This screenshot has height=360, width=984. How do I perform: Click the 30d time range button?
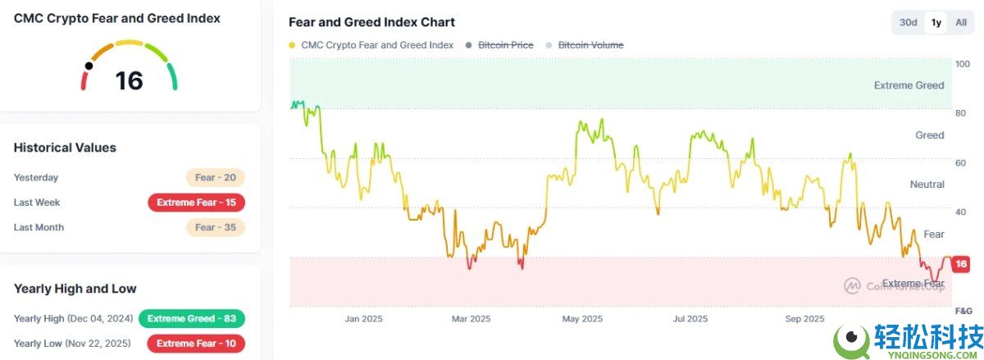908,22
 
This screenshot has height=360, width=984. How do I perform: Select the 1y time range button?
936,22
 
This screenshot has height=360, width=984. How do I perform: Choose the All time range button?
961,22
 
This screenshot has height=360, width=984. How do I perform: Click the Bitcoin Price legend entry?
505,45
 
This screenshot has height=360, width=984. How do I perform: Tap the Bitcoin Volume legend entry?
590,45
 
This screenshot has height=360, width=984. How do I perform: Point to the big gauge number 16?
130,80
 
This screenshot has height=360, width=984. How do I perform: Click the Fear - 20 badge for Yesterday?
215,177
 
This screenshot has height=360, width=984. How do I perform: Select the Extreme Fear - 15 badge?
196,203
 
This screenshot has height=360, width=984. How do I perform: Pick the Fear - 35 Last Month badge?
215,227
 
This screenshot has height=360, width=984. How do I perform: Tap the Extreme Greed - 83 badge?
192,318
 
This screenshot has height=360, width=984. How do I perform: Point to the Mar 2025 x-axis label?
471,319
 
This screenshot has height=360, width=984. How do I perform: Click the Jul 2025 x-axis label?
690,319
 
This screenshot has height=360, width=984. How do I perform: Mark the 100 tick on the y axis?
962,64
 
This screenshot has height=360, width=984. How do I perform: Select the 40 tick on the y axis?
961,212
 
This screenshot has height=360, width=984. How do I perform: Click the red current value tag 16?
961,264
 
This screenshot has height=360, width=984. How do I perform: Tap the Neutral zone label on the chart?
927,185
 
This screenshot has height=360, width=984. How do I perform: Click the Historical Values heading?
65,148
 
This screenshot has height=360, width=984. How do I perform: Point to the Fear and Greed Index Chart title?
371,22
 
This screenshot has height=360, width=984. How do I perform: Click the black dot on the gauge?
89,66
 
